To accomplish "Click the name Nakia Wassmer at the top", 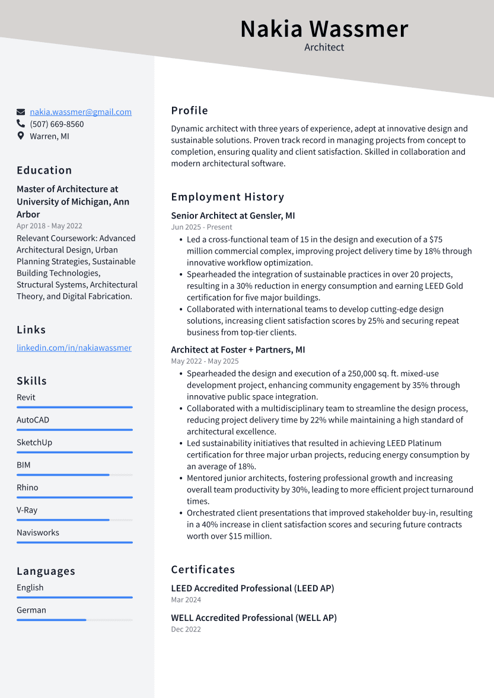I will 324,29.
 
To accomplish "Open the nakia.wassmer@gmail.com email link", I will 81,112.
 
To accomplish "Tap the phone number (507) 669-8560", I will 57,124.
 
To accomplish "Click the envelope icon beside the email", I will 21,112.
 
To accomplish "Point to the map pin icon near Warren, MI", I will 21,136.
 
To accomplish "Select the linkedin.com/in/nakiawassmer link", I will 74,348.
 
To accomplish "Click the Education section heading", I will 44,170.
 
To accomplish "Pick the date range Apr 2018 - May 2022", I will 49,226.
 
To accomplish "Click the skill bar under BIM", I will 74,475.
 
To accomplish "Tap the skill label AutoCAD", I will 33,420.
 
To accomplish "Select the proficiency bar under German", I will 74,620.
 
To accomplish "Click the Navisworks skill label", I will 38,533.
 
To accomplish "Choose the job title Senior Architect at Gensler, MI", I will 232,216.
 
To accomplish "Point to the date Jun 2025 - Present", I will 202,227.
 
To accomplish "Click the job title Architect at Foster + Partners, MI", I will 238,350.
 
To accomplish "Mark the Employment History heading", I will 228,197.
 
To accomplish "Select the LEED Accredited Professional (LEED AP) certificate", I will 252,588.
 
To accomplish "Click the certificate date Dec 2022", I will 186,629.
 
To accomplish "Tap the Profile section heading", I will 189,110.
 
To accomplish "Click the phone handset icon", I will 21,124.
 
